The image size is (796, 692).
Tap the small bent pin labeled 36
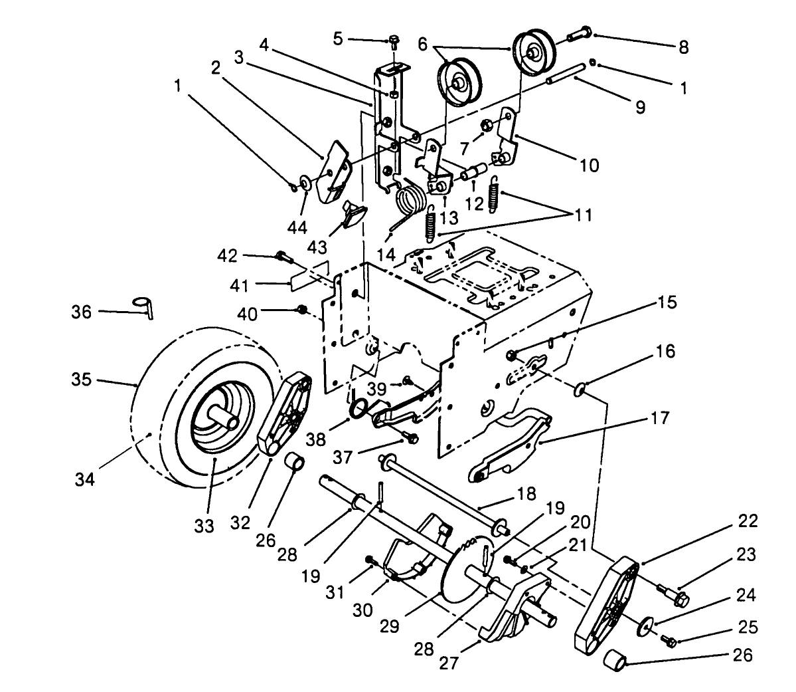click(x=143, y=306)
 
